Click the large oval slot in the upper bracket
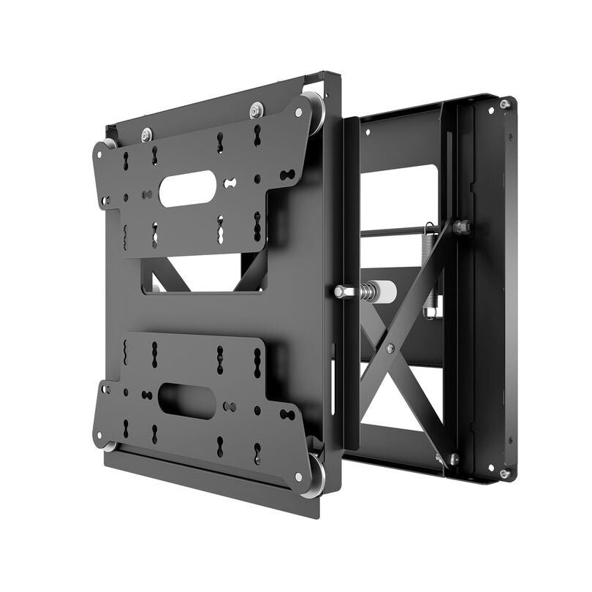(x=187, y=188)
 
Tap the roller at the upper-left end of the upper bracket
(x=110, y=144)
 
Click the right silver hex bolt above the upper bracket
(x=256, y=110)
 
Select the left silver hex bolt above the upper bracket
(x=147, y=134)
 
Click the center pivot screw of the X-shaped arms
(x=390, y=349)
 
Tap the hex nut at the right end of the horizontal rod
(x=462, y=227)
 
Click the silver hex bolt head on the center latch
(x=341, y=291)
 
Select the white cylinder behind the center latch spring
(x=386, y=292)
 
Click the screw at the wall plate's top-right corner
(x=504, y=105)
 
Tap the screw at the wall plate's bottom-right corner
(x=504, y=474)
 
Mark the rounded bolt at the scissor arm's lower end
(x=453, y=459)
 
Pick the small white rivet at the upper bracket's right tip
(x=299, y=113)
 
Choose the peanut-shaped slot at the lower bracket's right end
(x=287, y=414)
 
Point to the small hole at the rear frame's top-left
(x=368, y=132)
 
